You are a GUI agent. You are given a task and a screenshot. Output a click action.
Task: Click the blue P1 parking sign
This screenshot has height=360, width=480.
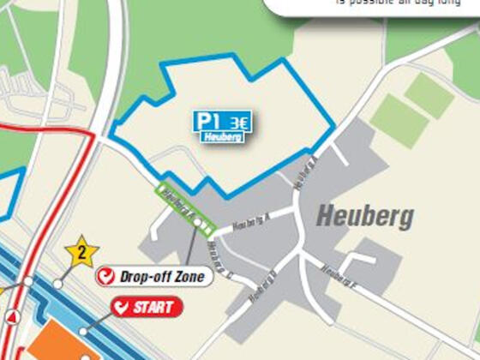coord(208,121)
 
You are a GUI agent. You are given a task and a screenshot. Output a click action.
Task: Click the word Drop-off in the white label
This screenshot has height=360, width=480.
coord(141,277)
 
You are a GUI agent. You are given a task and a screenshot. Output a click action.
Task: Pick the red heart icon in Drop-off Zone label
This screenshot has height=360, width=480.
coord(107,277)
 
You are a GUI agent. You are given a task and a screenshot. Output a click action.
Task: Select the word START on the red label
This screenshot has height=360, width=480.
coord(154,307)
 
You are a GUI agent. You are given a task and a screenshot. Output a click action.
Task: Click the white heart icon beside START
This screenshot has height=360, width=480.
coord(123,307)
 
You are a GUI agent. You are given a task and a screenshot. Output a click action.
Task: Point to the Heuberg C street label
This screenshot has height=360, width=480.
coord(220,260)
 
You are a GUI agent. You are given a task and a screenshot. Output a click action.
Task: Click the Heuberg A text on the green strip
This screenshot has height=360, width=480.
coord(178,201)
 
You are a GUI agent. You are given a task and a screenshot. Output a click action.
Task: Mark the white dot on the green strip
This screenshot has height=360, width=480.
coord(198,223)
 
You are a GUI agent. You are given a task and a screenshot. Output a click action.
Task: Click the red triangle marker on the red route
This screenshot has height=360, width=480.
coord(13,317)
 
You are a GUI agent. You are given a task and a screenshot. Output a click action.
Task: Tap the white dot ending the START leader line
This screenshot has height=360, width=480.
coord(83,331)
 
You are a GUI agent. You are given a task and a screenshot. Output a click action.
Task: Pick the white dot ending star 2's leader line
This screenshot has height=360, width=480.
coord(57,283)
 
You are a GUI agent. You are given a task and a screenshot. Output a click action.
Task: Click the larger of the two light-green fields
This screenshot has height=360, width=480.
coord(399,121)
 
